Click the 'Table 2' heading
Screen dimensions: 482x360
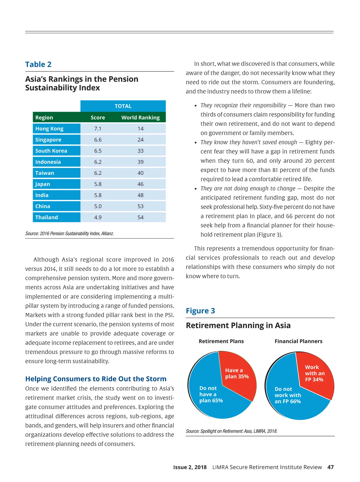(x=38, y=65)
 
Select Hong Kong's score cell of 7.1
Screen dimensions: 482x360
(x=98, y=129)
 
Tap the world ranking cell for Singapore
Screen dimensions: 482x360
(x=140, y=140)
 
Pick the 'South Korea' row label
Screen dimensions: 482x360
(x=51, y=151)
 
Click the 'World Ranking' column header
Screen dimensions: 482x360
(x=140, y=118)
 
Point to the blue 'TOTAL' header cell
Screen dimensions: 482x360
(x=123, y=106)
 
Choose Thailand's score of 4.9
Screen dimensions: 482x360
(x=98, y=218)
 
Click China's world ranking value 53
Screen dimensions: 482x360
(x=140, y=206)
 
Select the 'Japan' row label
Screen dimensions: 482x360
(x=43, y=184)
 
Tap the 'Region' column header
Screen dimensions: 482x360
(x=44, y=118)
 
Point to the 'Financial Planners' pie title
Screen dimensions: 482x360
(x=298, y=341)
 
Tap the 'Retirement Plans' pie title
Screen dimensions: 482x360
(x=221, y=341)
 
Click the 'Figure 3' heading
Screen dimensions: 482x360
(x=200, y=311)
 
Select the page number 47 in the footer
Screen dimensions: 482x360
(x=330, y=467)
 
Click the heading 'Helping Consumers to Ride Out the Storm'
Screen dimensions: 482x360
(x=96, y=379)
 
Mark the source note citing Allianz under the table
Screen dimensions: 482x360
(x=70, y=233)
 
